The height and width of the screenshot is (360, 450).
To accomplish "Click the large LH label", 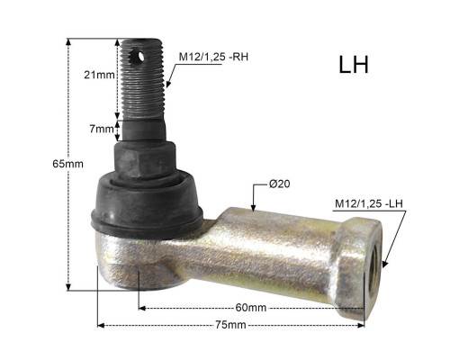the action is (x=354, y=65).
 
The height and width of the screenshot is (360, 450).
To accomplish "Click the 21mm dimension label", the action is (x=99, y=75).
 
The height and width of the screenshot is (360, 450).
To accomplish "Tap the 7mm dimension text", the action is (x=102, y=130).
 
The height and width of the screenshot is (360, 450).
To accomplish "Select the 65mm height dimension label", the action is (x=67, y=164).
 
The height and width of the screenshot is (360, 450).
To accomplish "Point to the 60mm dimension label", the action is (x=251, y=308).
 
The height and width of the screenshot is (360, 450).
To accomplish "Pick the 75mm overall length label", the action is (x=230, y=325).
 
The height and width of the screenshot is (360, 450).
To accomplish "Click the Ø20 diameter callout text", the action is (x=280, y=184).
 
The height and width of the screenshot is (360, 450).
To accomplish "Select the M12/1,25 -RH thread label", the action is (x=213, y=57).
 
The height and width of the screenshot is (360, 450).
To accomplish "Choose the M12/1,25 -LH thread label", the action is (x=369, y=204).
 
